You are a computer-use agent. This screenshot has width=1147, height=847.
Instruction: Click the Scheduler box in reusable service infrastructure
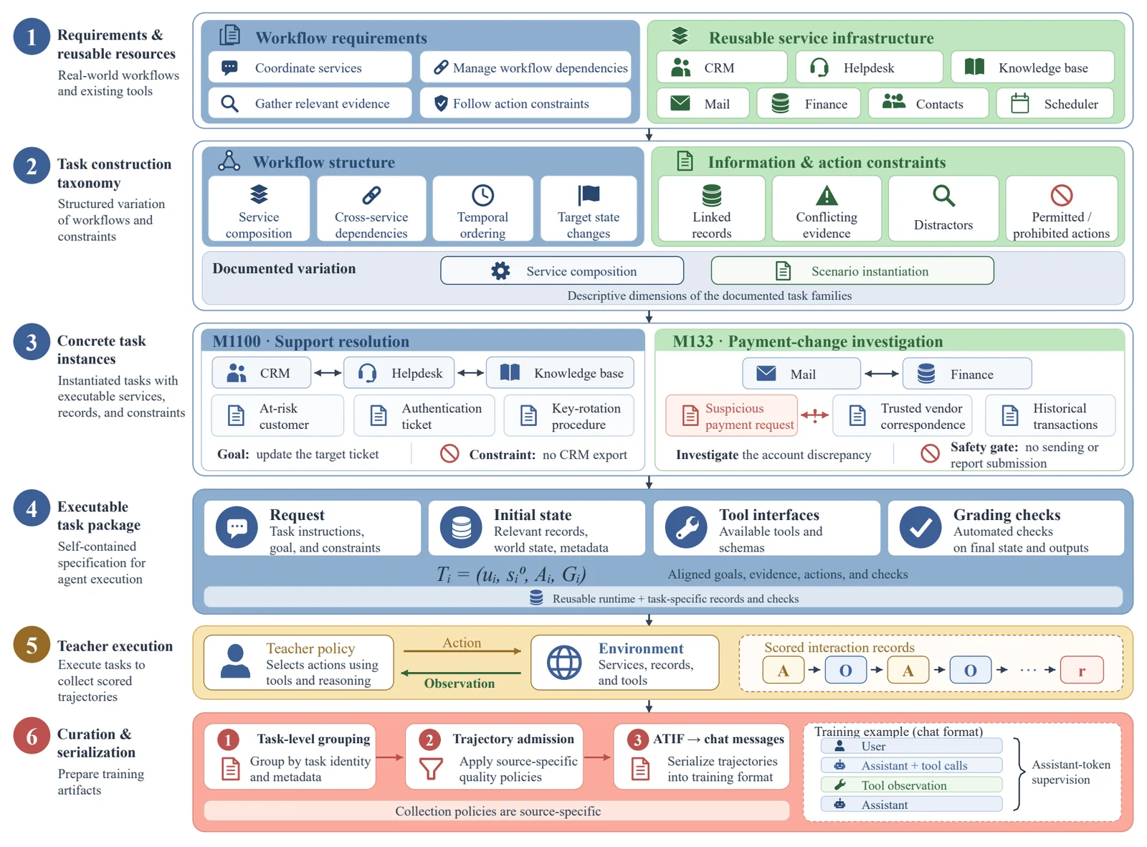click(x=1055, y=103)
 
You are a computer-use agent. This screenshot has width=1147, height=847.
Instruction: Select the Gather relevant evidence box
click(x=310, y=103)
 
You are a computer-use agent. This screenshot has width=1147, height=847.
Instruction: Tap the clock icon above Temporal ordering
click(x=482, y=195)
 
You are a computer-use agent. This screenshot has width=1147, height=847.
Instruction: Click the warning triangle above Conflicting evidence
click(x=827, y=196)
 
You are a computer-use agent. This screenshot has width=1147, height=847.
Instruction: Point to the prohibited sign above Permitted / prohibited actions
click(x=1061, y=195)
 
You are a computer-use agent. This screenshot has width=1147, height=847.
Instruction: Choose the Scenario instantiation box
click(x=852, y=270)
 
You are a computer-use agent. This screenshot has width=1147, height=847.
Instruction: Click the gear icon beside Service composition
click(x=500, y=270)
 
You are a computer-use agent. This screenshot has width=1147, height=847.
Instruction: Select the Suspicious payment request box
click(x=731, y=415)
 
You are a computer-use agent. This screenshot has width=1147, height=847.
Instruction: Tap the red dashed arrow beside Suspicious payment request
click(x=814, y=415)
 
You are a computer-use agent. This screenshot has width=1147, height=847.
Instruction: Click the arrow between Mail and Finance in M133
click(x=881, y=374)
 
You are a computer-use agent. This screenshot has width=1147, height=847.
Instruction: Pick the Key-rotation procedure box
click(x=568, y=415)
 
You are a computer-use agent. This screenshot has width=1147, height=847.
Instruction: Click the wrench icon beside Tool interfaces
click(x=686, y=527)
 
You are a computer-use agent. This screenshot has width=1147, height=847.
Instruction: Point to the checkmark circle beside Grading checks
click(x=920, y=527)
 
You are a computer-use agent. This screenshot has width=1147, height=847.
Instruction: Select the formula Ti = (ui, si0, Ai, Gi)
click(x=511, y=574)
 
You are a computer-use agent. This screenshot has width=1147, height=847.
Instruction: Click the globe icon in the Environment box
click(x=564, y=662)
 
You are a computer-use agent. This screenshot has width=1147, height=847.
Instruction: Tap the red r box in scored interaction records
click(x=1081, y=670)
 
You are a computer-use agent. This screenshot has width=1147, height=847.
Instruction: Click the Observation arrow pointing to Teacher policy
click(x=461, y=673)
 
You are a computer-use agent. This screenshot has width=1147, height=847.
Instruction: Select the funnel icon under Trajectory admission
click(x=430, y=768)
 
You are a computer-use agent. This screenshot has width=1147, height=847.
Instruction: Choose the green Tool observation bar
click(x=911, y=785)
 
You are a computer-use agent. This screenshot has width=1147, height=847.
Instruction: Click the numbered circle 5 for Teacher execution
click(x=32, y=645)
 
